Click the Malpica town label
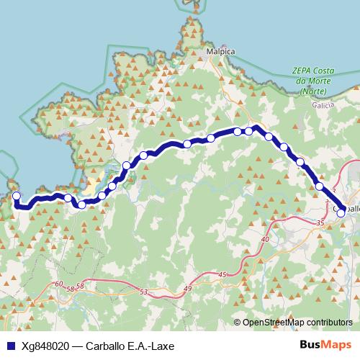click(220, 53)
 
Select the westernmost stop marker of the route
click(17, 196)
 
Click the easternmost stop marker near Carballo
click(341, 212)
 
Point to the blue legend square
click(9, 346)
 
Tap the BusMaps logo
click(330, 346)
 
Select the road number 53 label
click(144, 292)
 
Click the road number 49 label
click(189, 288)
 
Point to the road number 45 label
click(222, 274)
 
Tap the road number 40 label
click(265, 239)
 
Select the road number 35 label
click(320, 223)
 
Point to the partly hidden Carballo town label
click(351, 209)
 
